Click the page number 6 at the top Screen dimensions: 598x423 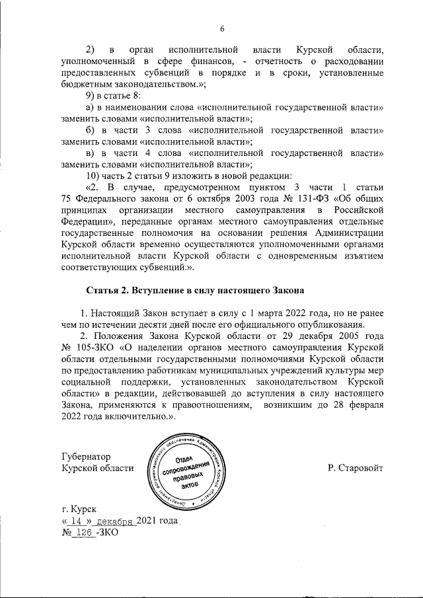[x=223, y=28]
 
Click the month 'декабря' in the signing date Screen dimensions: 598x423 [x=116, y=521]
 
